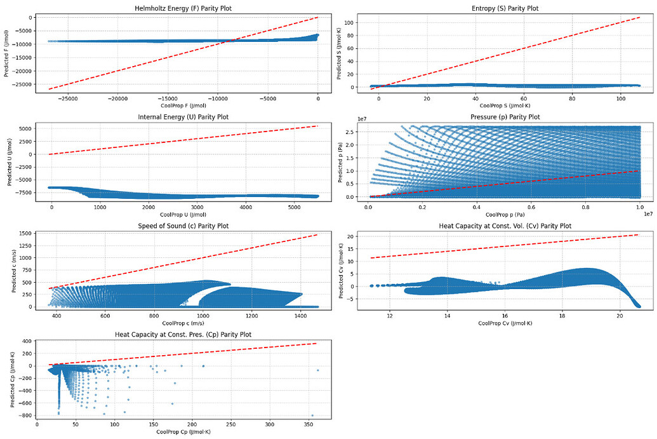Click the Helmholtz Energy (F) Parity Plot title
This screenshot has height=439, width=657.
pyautogui.click(x=183, y=8)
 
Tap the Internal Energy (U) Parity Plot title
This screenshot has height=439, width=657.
pyautogui.click(x=183, y=117)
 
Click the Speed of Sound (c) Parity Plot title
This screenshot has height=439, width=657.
pyautogui.click(x=183, y=226)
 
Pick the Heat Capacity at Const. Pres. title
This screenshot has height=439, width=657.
pyautogui.click(x=183, y=335)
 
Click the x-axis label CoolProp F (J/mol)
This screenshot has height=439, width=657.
pyautogui.click(x=183, y=105)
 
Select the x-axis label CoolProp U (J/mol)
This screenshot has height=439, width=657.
pyautogui.click(x=183, y=215)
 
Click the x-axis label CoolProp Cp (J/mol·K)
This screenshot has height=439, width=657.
pyautogui.click(x=183, y=432)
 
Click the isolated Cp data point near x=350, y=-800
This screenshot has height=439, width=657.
pyautogui.click(x=312, y=415)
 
